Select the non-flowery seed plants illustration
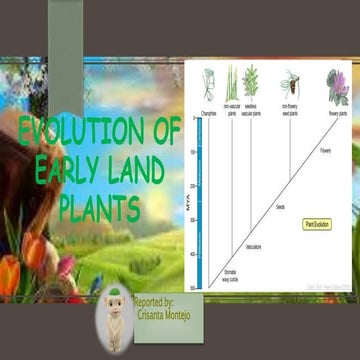[290, 84]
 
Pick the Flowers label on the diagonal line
[325, 152]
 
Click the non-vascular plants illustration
[231, 84]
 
